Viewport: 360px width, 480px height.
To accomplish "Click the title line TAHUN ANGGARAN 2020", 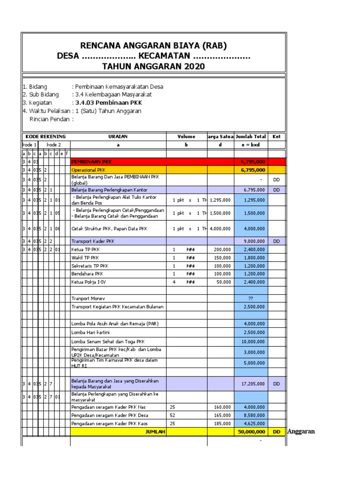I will (x=153, y=67).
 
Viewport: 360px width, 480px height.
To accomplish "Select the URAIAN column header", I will (x=118, y=136).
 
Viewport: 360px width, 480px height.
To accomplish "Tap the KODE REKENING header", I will (x=46, y=136).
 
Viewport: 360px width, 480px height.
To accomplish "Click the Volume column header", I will (x=187, y=136).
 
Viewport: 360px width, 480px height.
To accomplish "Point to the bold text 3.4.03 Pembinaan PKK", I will (x=106, y=103).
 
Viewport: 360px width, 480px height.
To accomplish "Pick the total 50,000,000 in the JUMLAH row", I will (x=252, y=432).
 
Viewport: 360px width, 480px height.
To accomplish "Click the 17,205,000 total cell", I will (x=254, y=383).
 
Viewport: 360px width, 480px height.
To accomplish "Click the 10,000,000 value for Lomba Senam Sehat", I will (x=254, y=341).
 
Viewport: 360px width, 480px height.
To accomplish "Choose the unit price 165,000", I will (x=221, y=415).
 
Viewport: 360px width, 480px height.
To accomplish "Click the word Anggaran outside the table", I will (x=300, y=431).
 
